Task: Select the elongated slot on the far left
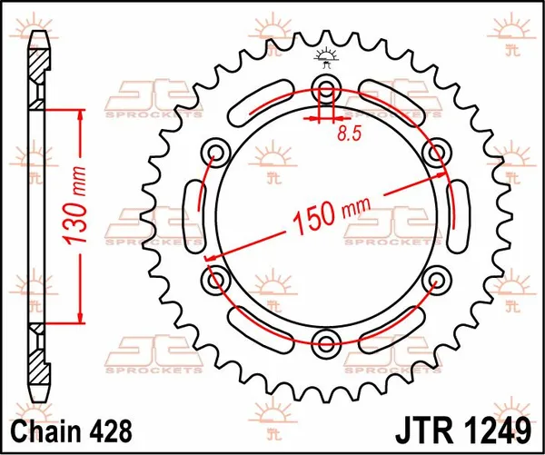point(193,214)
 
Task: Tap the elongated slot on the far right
point(458,214)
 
